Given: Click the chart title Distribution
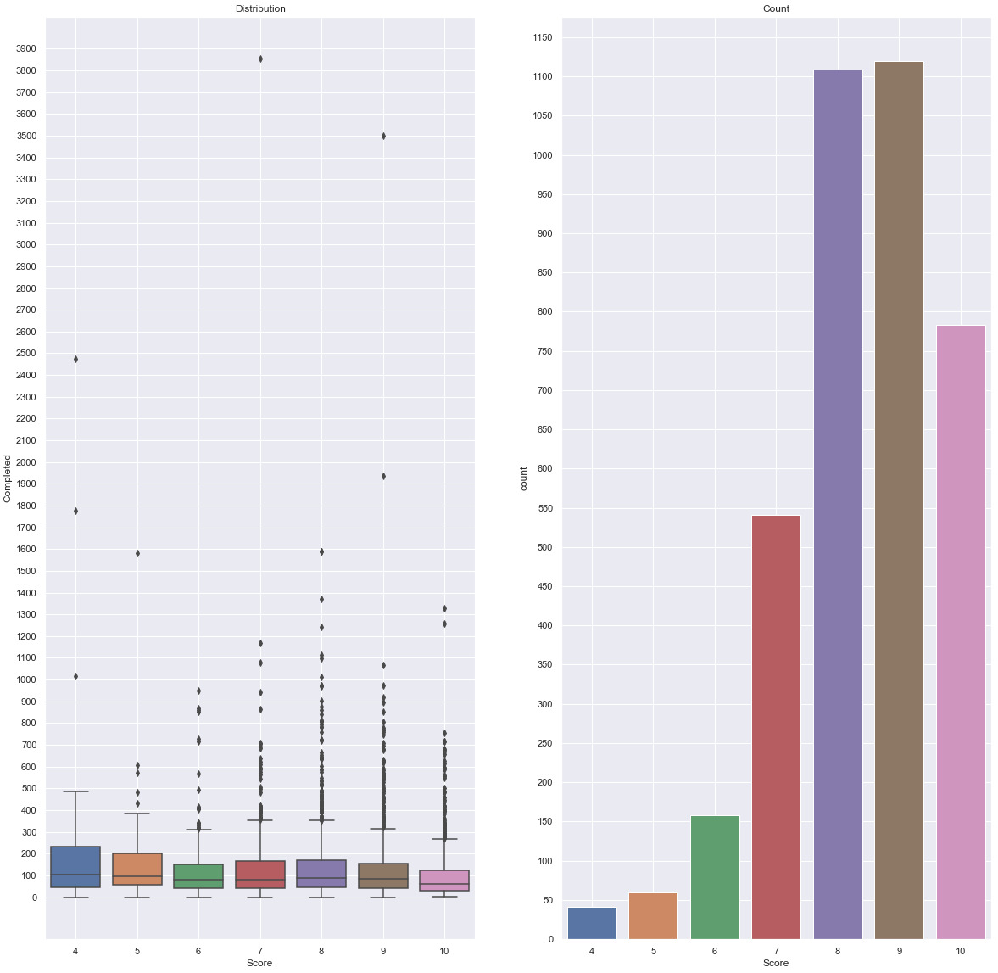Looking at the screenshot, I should point(260,8).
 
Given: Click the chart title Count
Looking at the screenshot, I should point(776,8).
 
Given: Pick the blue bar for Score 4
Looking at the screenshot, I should point(592,923).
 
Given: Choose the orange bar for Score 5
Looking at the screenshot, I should point(653,916).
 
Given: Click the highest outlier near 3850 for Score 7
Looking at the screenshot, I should point(260,59).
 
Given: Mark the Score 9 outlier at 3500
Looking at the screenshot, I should point(383,136).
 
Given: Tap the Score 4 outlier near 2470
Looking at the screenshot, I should point(76,359).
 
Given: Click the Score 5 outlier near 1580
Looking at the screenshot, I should point(137,553).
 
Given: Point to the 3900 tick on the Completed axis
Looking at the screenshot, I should point(25,49).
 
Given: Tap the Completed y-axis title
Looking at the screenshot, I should point(8,478).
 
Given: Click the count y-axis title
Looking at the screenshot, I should point(523,478).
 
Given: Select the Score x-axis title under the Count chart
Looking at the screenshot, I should point(776,964).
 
